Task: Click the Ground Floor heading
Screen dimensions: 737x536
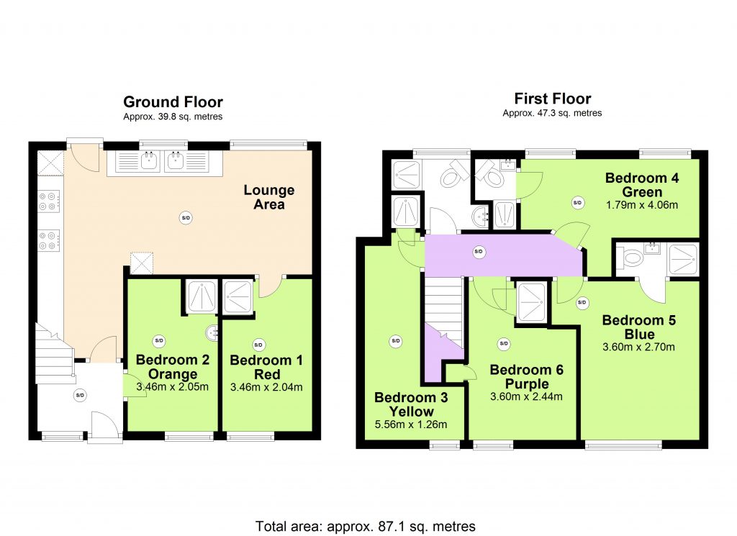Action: (173, 102)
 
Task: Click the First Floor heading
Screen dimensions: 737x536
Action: (552, 99)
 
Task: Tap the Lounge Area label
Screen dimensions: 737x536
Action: (269, 197)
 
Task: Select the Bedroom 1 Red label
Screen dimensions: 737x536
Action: (266, 368)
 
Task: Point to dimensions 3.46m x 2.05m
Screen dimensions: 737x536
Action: (172, 387)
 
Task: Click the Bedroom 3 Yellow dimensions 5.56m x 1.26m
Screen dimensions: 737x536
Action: (411, 424)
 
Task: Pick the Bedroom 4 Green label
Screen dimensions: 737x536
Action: (642, 185)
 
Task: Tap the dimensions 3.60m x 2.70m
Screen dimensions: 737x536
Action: (639, 348)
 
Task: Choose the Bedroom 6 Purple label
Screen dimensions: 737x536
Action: (526, 377)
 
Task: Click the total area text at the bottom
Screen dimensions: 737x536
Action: (365, 526)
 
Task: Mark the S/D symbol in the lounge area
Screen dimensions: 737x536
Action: (186, 217)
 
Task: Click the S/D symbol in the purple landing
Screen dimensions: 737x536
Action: (479, 252)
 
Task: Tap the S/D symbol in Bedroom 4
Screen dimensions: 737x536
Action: (578, 203)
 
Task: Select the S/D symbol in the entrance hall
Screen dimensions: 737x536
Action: (81, 395)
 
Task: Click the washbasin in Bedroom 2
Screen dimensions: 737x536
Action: (212, 333)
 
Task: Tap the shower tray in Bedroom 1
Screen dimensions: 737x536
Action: (238, 296)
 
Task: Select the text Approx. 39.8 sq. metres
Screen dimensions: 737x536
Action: (173, 117)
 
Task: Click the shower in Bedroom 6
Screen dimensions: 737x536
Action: (531, 302)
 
